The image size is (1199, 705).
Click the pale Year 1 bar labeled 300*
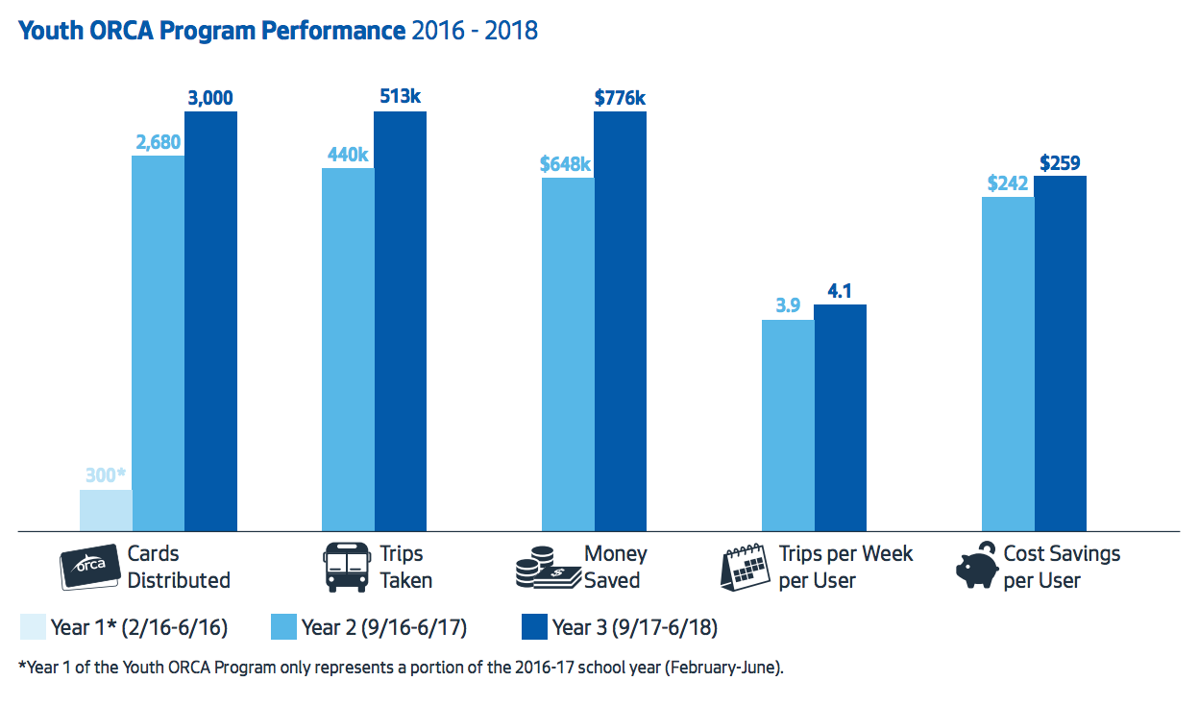[106, 510]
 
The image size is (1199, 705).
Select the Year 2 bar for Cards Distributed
[158, 342]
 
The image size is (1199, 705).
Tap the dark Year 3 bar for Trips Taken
[400, 321]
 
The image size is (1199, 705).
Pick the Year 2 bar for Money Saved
[568, 353]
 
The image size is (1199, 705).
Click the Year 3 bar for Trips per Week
[840, 417]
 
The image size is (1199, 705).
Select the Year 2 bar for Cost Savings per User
[1008, 363]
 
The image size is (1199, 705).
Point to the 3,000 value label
[210, 97]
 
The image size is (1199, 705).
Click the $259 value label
[1061, 162]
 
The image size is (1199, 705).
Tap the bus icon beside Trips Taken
[346, 567]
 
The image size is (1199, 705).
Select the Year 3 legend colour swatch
[533, 628]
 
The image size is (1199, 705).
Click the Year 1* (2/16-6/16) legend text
[139, 628]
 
